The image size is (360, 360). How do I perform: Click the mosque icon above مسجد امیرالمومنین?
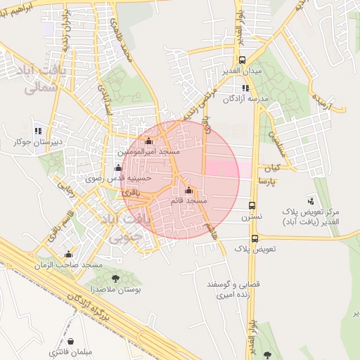148,141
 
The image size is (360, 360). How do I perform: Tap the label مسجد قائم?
188,201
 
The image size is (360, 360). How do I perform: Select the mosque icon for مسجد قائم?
188,191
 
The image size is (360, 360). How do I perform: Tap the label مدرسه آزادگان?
247,99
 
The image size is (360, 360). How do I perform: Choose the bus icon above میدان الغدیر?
243,60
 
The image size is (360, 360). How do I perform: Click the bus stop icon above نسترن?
252,206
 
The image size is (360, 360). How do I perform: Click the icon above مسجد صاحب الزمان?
68,255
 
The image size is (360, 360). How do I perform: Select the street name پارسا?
268,181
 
